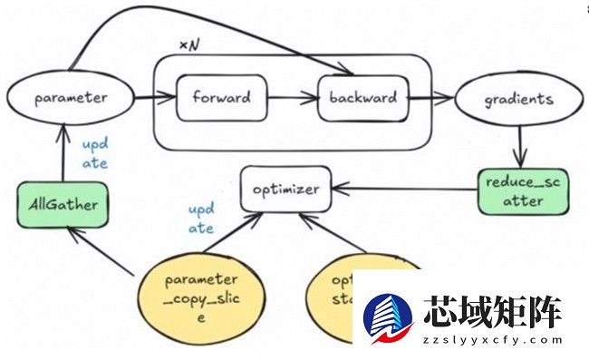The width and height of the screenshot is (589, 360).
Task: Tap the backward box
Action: pyautogui.click(x=362, y=98)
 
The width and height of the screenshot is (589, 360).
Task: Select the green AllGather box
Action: pyautogui.click(x=62, y=205)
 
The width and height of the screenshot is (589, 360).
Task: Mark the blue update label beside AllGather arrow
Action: pyautogui.click(x=95, y=153)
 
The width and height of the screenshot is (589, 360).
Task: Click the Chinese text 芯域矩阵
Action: pyautogui.click(x=492, y=311)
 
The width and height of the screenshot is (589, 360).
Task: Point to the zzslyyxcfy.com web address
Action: pyautogui.click(x=492, y=341)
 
